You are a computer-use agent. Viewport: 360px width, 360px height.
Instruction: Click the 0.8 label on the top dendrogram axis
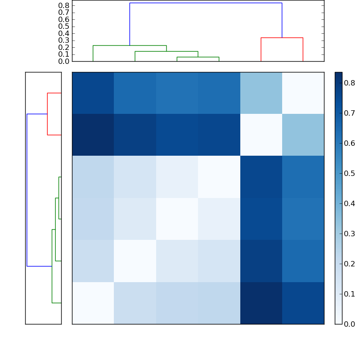64,5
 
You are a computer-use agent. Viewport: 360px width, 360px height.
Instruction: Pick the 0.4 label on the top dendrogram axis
64,33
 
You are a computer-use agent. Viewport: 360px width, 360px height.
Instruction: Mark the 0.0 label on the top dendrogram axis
64,61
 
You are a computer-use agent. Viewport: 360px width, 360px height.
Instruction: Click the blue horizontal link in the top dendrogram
206,3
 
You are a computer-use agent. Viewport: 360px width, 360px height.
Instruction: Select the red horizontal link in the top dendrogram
282,38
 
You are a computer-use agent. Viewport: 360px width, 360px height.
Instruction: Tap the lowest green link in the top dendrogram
198,57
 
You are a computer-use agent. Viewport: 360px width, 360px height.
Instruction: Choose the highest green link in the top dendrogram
130,45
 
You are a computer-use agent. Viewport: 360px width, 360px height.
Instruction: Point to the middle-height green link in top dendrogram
166,52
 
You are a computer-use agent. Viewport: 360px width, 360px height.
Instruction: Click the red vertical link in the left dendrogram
47,114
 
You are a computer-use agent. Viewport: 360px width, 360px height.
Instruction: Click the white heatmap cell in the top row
303,93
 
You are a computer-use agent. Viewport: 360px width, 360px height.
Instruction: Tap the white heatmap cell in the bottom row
93,303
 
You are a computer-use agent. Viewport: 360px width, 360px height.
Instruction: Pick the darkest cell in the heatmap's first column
93,135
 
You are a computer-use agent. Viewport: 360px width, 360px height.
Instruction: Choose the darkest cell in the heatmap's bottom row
261,303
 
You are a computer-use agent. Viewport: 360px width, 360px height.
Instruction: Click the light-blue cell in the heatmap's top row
261,93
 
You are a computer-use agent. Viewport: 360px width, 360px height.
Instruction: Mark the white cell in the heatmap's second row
261,135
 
